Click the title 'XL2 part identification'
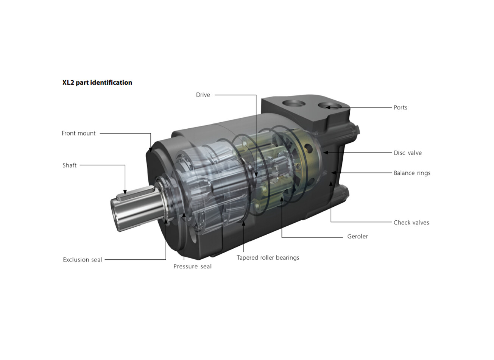(x=97, y=83)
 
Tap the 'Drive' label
(x=203, y=95)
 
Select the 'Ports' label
(x=400, y=108)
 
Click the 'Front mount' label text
(x=78, y=133)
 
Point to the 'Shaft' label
(x=70, y=165)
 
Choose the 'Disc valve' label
(x=408, y=153)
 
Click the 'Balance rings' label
(x=412, y=173)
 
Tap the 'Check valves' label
(x=411, y=222)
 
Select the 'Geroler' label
(x=357, y=236)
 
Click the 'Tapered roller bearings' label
(x=268, y=258)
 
